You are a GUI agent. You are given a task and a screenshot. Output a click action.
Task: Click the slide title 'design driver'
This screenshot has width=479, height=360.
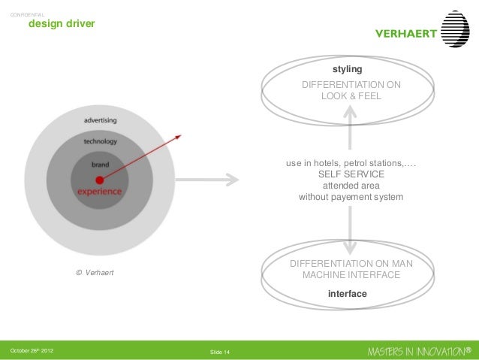61,25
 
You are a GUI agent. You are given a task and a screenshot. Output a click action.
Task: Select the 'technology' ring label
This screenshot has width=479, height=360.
100,141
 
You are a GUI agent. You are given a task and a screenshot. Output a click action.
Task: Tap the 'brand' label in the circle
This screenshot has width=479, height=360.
100,164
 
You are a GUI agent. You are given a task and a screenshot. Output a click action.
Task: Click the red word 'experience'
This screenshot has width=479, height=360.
99,192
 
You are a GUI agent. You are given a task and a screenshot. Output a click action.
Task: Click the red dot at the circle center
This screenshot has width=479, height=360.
99,180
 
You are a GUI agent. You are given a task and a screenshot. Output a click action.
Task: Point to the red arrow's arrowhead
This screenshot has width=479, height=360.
179,137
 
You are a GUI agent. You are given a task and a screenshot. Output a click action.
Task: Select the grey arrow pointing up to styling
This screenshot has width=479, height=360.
351,120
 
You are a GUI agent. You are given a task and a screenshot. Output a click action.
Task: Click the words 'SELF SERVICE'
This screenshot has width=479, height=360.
351,174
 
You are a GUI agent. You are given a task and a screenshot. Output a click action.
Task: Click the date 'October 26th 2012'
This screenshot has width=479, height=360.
32,350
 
